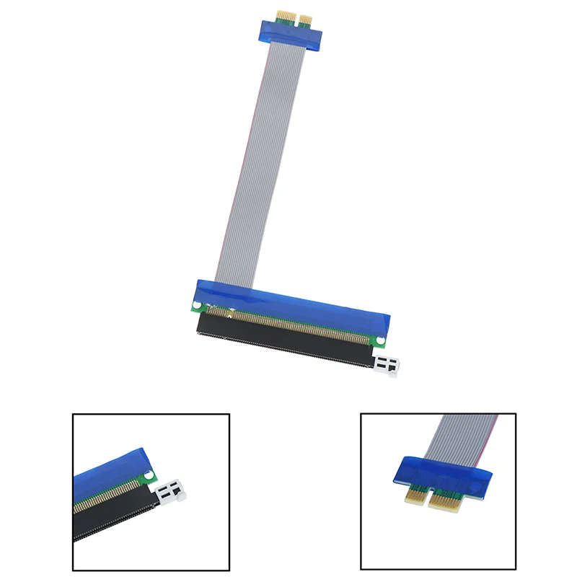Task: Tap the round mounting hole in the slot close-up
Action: (x=149, y=476)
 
